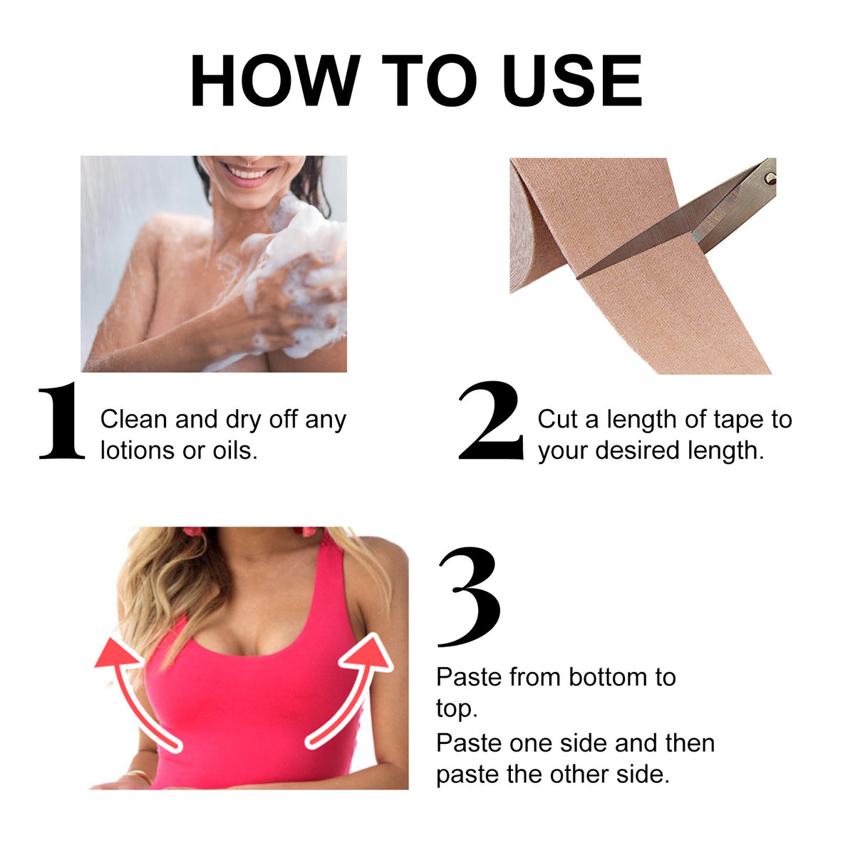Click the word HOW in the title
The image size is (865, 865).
point(275,81)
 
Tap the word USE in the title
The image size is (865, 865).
point(571,81)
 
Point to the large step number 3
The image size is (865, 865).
point(470,597)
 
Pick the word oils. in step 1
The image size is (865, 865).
point(235,450)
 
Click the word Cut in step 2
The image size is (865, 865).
point(558,419)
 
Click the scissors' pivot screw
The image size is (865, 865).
point(768,177)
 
